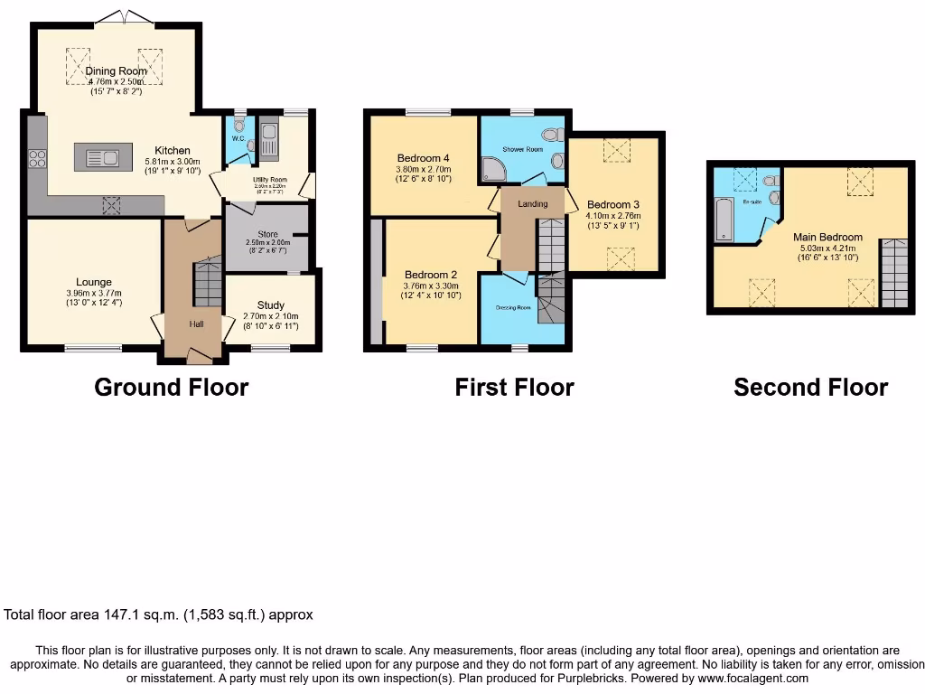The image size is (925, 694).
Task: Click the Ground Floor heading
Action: (x=171, y=388)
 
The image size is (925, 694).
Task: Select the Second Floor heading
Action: (x=810, y=388)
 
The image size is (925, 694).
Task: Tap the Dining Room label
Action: (x=115, y=70)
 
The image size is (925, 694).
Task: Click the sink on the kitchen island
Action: (x=102, y=159)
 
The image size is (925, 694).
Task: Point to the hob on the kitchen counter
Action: (x=38, y=158)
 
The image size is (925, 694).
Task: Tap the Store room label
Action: (x=267, y=234)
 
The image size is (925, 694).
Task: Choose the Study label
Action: (x=270, y=305)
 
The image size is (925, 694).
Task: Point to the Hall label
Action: (x=196, y=323)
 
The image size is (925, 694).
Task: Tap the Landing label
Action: (x=532, y=204)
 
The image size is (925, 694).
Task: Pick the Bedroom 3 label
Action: (x=612, y=204)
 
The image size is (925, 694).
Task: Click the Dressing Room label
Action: (x=514, y=307)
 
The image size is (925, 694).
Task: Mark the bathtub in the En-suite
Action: (x=724, y=220)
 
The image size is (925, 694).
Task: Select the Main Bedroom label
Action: (x=827, y=238)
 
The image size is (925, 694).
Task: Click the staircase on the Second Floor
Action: (x=893, y=273)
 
